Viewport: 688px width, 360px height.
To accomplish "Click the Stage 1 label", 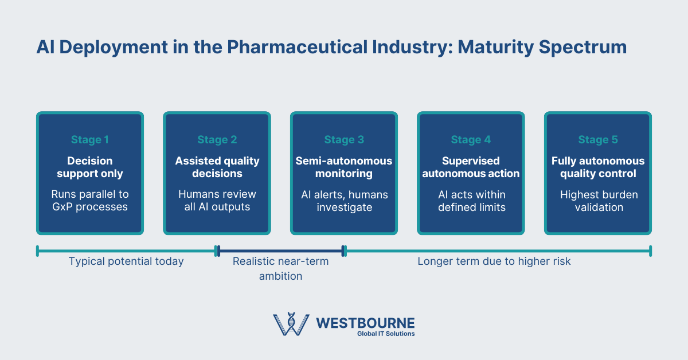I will tap(90, 140).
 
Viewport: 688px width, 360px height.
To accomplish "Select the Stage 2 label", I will tap(217, 140).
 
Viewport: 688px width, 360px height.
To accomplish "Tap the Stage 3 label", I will tap(344, 140).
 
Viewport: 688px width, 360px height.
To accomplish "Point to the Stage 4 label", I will tap(471, 140).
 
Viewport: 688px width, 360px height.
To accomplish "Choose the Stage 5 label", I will tap(598, 140).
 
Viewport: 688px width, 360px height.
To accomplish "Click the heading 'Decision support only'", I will tap(90, 167).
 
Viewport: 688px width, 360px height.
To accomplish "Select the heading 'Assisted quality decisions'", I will tap(217, 167).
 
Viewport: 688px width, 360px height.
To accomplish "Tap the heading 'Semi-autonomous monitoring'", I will tap(344, 167).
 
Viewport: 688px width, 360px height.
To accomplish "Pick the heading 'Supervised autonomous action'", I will tap(471, 167).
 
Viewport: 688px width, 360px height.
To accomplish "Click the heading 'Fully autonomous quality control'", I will tap(598, 167).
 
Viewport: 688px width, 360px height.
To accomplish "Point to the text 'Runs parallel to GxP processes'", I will tap(90, 201).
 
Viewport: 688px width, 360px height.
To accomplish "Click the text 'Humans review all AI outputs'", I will tap(217, 201).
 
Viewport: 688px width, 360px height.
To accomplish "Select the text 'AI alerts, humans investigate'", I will tap(344, 201).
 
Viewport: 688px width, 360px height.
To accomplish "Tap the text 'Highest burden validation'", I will tap(598, 201).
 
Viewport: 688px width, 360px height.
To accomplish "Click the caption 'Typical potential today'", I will tap(126, 261).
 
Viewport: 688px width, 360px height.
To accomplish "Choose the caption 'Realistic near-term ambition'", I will tap(280, 268).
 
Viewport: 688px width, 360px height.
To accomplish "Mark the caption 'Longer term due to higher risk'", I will tap(494, 261).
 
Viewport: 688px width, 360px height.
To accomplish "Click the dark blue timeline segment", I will tap(280, 251).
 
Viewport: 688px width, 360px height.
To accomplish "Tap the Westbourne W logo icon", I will tap(291, 325).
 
